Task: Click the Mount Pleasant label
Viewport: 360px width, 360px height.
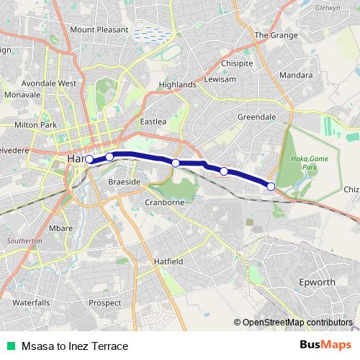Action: point(99,30)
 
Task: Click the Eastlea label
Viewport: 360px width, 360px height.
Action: point(153,122)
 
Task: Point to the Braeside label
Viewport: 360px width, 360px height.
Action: point(124,182)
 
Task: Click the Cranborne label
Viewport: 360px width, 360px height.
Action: point(166,203)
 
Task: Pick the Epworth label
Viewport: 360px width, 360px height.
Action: point(317,282)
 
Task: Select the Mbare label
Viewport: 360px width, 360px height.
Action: point(61,228)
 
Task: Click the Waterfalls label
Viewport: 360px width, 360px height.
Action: point(31,302)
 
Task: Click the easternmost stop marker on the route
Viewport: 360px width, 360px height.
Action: point(271,186)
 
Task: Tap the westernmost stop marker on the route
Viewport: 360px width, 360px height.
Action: point(89,160)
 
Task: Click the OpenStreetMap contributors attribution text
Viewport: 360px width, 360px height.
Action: point(297,322)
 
